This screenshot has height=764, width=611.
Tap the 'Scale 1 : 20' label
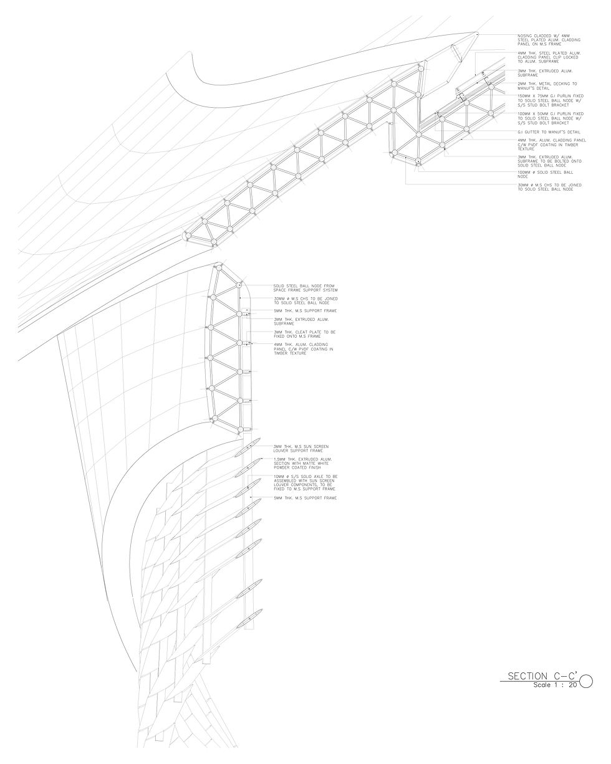pyautogui.click(x=554, y=685)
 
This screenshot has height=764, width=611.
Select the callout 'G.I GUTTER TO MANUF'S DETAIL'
pyautogui.click(x=548, y=133)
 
